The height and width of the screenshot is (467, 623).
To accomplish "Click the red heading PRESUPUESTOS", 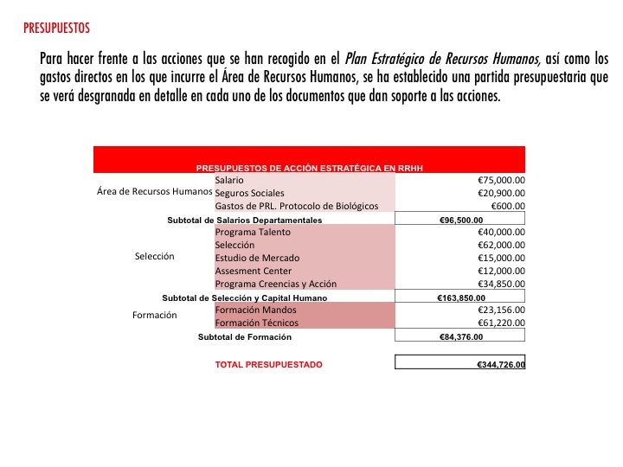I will [56, 29].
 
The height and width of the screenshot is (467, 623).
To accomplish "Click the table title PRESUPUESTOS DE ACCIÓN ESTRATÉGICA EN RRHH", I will [309, 167].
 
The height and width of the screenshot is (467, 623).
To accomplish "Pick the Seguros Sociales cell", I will [249, 193].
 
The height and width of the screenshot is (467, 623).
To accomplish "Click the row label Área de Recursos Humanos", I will [155, 191].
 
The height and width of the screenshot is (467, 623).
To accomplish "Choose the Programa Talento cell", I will [253, 233].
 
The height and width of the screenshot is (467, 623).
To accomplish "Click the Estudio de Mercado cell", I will [257, 258].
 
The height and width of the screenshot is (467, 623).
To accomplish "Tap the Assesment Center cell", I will [253, 271].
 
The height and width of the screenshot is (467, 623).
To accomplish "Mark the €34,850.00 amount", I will [501, 284].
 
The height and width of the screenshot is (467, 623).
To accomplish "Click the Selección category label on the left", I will [155, 257].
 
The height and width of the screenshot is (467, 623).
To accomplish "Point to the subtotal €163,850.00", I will [461, 297].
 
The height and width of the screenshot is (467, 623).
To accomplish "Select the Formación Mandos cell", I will [256, 310].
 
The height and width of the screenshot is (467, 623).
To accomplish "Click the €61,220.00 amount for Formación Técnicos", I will [501, 323].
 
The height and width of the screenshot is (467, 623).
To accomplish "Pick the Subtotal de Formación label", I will [245, 336].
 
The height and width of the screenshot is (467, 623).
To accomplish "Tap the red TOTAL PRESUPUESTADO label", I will [268, 365].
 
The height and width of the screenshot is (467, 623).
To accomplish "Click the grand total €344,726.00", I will [501, 365].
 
